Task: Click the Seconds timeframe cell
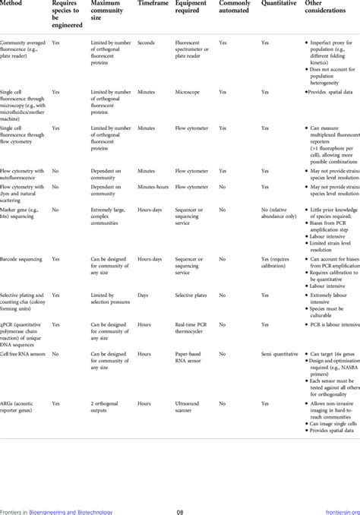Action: tap(147, 44)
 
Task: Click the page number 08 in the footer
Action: tap(180, 510)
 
